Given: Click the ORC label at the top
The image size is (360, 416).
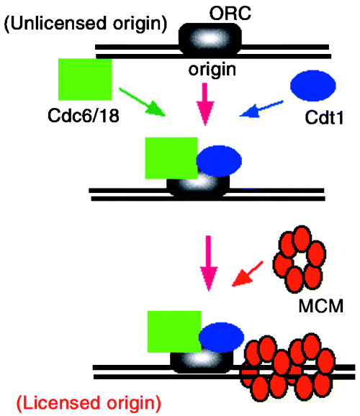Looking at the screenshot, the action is (230, 13).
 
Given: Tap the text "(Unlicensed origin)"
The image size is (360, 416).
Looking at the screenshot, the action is (86, 24).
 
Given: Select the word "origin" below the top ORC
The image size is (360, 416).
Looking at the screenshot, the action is (212, 70).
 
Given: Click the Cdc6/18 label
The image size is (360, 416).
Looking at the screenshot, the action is (84, 116).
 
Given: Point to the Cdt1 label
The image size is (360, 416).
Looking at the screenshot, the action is (324, 117).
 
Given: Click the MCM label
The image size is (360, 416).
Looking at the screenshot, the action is (321, 306).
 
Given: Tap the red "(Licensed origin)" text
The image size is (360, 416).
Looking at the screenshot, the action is (89, 403).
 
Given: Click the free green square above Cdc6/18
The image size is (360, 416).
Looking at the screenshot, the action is (85, 80).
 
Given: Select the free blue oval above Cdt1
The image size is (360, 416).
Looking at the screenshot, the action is (313, 86).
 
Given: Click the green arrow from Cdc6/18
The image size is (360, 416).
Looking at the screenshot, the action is (143, 102).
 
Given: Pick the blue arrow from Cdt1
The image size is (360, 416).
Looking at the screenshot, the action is (261, 109).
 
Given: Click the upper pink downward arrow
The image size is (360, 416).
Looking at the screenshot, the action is (205, 104).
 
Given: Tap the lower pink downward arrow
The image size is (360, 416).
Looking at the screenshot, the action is (209, 263).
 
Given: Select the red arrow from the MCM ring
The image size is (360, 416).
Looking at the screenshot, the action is (248, 273).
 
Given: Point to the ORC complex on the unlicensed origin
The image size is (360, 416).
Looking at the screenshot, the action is (210, 40).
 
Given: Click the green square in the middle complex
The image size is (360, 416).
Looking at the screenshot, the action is (171, 158).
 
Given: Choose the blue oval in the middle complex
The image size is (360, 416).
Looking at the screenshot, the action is (219, 161).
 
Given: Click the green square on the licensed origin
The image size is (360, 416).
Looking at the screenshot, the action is (174, 332).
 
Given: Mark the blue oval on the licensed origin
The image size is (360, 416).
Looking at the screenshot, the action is (222, 338).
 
